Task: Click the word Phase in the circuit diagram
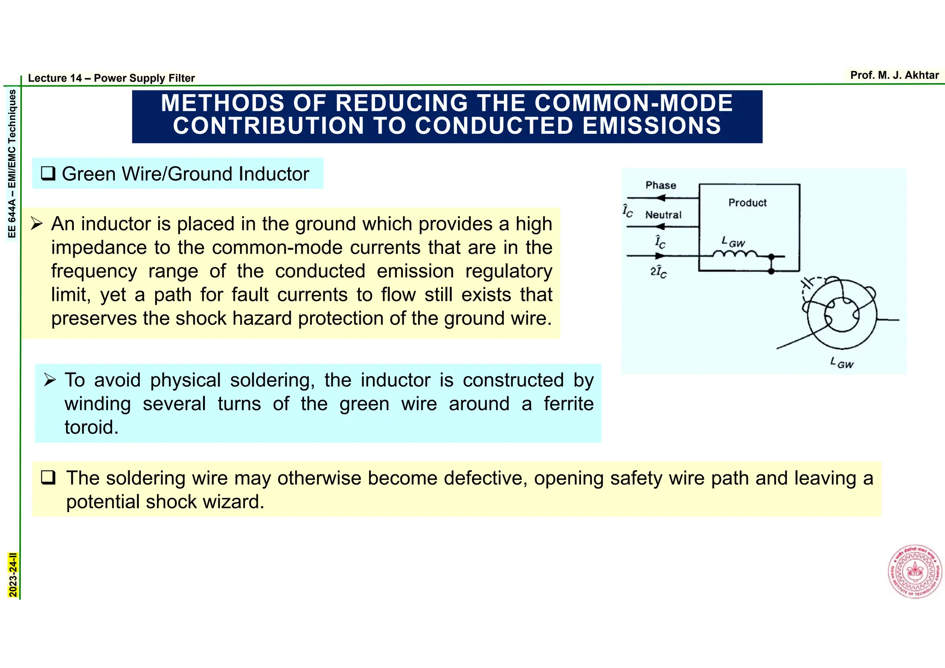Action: [661, 185]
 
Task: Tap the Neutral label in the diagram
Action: [663, 215]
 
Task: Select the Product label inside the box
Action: [747, 203]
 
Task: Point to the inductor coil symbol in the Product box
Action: [735, 254]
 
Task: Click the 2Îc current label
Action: [658, 273]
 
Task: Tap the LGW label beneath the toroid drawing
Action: [842, 363]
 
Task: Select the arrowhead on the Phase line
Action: [661, 198]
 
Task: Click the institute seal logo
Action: [915, 572]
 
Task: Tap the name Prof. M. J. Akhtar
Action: [894, 75]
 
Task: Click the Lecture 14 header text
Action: [111, 78]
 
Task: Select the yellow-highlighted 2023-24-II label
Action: [13, 575]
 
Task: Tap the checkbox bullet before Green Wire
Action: [48, 174]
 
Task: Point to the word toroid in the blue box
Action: [91, 427]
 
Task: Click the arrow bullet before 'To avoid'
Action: [50, 380]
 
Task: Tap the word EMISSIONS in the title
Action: [652, 126]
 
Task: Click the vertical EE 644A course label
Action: [12, 164]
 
